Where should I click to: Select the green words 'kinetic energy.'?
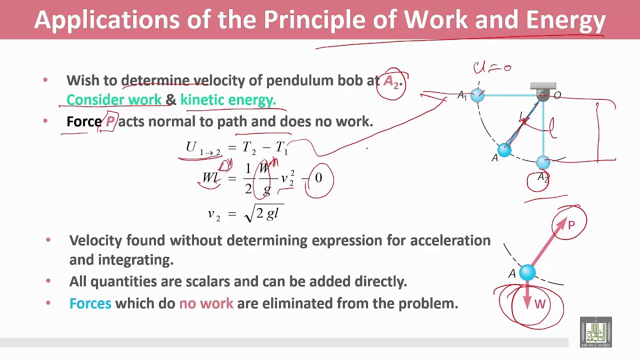coord(228,100)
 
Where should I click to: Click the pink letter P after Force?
coord(110,121)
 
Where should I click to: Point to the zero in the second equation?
coord(318,178)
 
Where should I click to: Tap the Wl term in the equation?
coord(209,178)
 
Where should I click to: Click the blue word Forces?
coord(90,303)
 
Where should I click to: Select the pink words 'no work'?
coord(206,303)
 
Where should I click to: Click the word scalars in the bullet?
coord(207,281)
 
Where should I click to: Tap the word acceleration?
coord(450,240)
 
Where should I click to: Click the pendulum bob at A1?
coord(477,95)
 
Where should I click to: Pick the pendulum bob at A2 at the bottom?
coord(543,162)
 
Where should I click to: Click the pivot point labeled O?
coord(543,95)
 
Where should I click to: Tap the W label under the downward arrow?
coord(539,304)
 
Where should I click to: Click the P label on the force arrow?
coord(571,225)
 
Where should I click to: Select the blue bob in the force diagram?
coord(527,272)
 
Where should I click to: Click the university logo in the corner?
coord(595,332)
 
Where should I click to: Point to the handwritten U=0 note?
coord(492,67)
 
